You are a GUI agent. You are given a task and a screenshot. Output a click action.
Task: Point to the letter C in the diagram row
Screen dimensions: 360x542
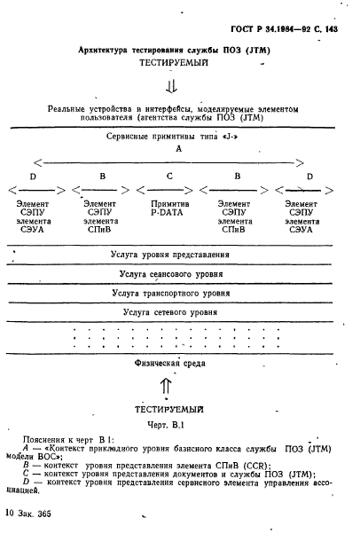coord(169,177)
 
